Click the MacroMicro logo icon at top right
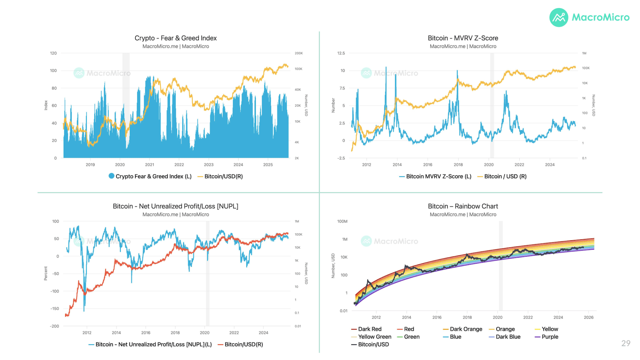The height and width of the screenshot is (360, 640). pyautogui.click(x=559, y=18)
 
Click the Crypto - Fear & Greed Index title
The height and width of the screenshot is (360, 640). pyautogui.click(x=176, y=38)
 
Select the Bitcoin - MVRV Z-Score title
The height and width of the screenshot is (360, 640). pyautogui.click(x=463, y=38)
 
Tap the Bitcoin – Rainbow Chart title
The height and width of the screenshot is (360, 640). pyautogui.click(x=463, y=206)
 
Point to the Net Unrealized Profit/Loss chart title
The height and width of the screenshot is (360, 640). pyautogui.click(x=176, y=206)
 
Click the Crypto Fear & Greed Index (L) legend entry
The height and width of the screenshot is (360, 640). pyautogui.click(x=150, y=176)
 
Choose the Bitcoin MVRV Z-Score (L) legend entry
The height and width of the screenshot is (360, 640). pyautogui.click(x=435, y=176)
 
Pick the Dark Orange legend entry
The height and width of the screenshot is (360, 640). pyautogui.click(x=463, y=329)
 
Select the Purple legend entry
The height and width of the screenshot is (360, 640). pyautogui.click(x=546, y=337)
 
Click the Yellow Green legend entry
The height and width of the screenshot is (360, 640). pyautogui.click(x=371, y=337)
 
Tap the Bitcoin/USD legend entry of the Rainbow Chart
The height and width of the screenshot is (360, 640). pyautogui.click(x=370, y=344)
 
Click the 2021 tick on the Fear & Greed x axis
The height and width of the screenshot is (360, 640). pyautogui.click(x=150, y=165)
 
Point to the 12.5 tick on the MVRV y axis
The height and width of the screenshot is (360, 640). pyautogui.click(x=341, y=53)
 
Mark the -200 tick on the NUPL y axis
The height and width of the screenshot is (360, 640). pyautogui.click(x=54, y=326)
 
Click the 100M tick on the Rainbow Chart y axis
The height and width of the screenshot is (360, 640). pyautogui.click(x=342, y=221)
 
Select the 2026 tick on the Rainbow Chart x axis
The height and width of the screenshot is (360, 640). pyautogui.click(x=589, y=317)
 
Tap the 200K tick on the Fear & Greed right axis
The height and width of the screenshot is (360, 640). pyautogui.click(x=299, y=53)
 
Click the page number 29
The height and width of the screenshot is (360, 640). pyautogui.click(x=626, y=343)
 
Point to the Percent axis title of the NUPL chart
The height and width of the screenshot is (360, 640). pyautogui.click(x=46, y=273)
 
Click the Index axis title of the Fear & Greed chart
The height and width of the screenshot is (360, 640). pyautogui.click(x=46, y=105)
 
